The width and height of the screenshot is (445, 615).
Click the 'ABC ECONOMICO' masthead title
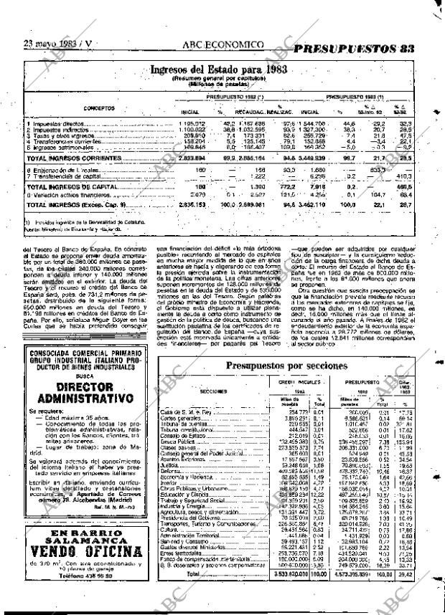tap(223, 44)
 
